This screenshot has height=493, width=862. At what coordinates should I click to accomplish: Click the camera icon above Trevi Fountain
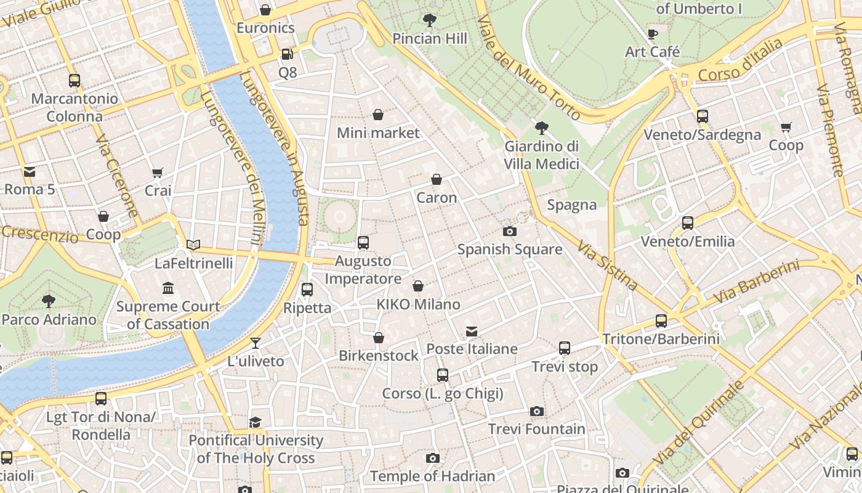pyautogui.click(x=537, y=411)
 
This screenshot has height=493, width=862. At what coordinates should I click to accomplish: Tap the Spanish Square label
pyautogui.click(x=509, y=250)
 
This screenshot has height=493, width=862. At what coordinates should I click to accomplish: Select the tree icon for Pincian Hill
pyautogui.click(x=430, y=20)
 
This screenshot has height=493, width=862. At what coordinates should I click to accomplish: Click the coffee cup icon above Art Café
pyautogui.click(x=653, y=34)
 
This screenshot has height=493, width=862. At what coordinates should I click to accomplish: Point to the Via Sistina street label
pyautogui.click(x=607, y=265)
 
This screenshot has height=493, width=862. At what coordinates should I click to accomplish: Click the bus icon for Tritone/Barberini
pyautogui.click(x=661, y=321)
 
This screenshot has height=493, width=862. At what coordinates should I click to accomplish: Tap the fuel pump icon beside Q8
pyautogui.click(x=287, y=54)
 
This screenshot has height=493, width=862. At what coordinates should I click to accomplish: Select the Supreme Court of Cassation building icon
pyautogui.click(x=167, y=288)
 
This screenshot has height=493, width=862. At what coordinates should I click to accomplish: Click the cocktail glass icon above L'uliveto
pyautogui.click(x=256, y=343)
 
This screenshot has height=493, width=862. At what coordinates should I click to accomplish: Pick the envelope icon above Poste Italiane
pyautogui.click(x=472, y=332)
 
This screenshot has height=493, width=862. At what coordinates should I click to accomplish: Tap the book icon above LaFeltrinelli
pyautogui.click(x=193, y=245)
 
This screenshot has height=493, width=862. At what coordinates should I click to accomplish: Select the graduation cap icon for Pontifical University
pyautogui.click(x=255, y=422)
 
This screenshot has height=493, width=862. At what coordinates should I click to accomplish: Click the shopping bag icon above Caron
pyautogui.click(x=436, y=180)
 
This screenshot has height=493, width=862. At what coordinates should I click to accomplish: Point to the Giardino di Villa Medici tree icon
pyautogui.click(x=541, y=128)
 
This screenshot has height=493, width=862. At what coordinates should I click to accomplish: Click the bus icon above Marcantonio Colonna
pyautogui.click(x=75, y=81)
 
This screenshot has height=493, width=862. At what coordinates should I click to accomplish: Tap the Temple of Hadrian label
pyautogui.click(x=432, y=476)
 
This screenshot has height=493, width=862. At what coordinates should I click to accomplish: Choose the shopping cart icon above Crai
pyautogui.click(x=158, y=173)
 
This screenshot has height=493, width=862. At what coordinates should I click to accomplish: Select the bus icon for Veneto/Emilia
pyautogui.click(x=688, y=223)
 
